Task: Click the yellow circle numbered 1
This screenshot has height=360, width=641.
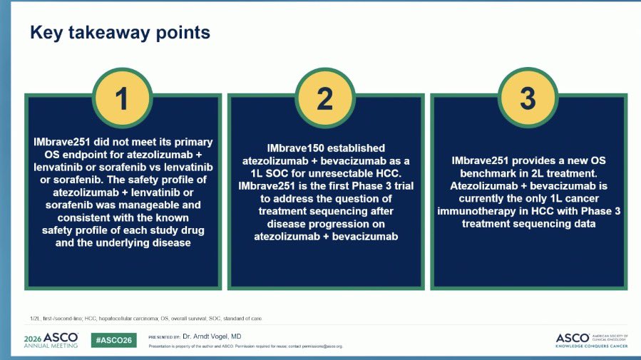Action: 122,98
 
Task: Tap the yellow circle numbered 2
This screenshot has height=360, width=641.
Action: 325,98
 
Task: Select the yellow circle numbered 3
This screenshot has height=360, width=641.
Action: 528,98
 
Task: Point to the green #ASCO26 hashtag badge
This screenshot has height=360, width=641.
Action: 113,340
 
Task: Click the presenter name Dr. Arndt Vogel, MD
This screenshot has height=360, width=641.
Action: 212,336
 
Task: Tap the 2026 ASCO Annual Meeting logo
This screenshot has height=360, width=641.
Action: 51,340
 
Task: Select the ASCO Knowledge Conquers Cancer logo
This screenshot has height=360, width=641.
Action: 592,340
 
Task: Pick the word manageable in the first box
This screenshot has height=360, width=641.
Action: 165,205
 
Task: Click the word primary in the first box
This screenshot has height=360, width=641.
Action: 194,142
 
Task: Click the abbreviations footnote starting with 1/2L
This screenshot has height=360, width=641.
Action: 145,319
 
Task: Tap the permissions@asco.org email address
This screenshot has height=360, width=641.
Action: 322,346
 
